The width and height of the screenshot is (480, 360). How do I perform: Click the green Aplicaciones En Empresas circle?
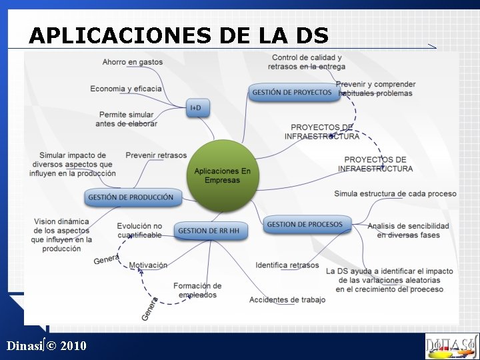222,175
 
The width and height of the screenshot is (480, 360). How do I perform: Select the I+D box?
196,107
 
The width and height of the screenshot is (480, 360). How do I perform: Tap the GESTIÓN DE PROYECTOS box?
292,92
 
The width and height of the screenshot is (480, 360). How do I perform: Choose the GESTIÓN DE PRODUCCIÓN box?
131,197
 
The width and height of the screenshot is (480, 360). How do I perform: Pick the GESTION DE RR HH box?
209,231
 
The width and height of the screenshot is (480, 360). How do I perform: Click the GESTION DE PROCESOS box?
305,225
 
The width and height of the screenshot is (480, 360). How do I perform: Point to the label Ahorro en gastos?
133,62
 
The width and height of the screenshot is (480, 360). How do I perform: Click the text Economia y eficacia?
126,89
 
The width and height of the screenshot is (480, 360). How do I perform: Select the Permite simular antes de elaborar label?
126,119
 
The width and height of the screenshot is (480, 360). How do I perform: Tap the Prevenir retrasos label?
156,155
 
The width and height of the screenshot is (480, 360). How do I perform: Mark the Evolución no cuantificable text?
139,231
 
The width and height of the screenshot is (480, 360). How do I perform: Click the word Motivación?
148,265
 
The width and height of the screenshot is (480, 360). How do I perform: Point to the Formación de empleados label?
197,291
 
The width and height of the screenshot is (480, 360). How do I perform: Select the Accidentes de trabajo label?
287,300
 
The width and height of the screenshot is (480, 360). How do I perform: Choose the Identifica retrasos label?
287,265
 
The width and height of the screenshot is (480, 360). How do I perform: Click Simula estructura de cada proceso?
395,194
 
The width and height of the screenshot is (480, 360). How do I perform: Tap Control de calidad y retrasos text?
307,62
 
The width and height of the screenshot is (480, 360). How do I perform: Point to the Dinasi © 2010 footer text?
47,345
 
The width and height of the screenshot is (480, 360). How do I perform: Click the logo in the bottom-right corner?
451,345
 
